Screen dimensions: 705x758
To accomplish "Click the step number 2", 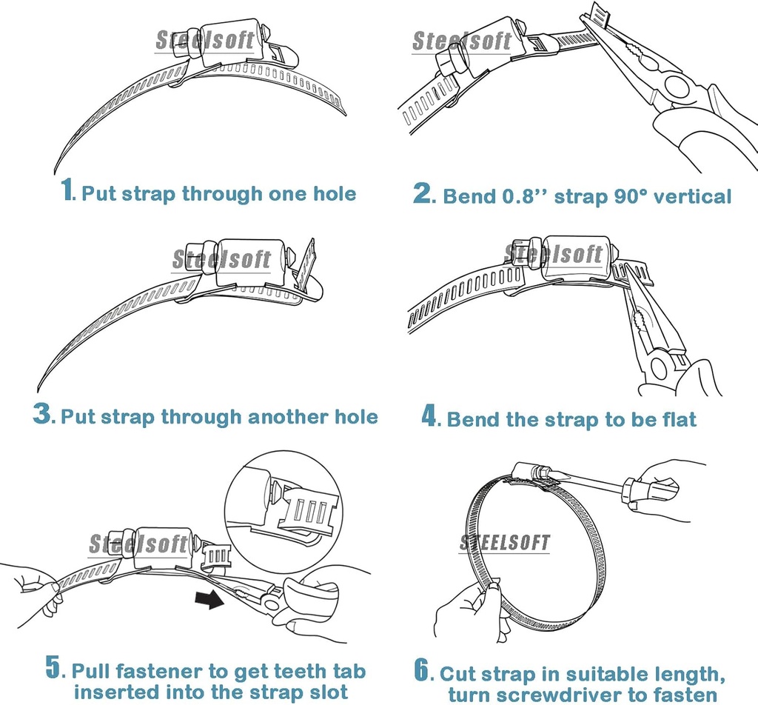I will coord(423,193).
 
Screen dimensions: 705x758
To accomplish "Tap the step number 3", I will coord(43,413).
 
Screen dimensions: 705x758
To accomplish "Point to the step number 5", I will coord(53,667).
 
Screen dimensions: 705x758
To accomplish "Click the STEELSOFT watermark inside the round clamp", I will coord(505,543).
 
